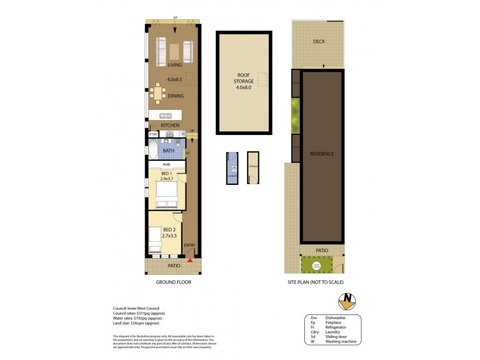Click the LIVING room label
(x=175, y=65)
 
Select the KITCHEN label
(x=170, y=125)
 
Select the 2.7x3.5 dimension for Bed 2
(x=170, y=236)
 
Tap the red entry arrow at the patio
(x=190, y=260)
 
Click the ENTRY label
(x=190, y=245)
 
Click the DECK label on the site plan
(x=319, y=42)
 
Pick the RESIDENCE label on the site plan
(x=322, y=154)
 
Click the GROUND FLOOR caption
(x=173, y=281)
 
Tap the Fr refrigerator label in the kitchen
(x=183, y=134)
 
